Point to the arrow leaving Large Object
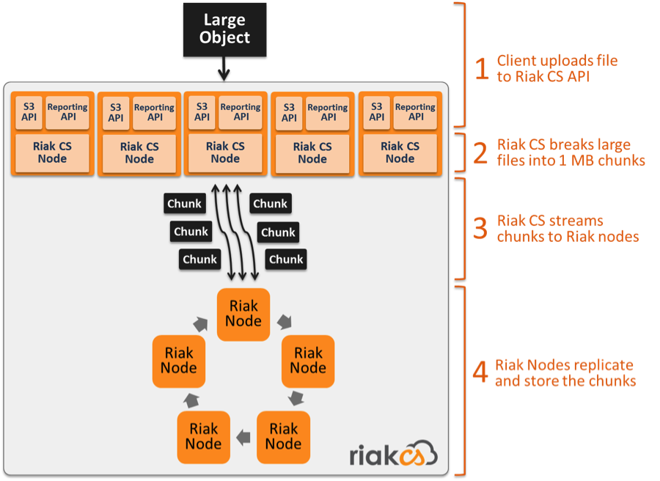[224, 73]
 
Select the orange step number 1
[481, 68]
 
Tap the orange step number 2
[480, 153]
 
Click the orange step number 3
[480, 228]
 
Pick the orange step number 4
[480, 373]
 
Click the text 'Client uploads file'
[557, 60]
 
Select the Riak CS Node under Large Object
[225, 153]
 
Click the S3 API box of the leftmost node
[28, 112]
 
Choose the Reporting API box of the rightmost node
[415, 111]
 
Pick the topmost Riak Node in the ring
[243, 312]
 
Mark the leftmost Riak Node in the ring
[178, 361]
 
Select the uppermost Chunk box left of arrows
[184, 204]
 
